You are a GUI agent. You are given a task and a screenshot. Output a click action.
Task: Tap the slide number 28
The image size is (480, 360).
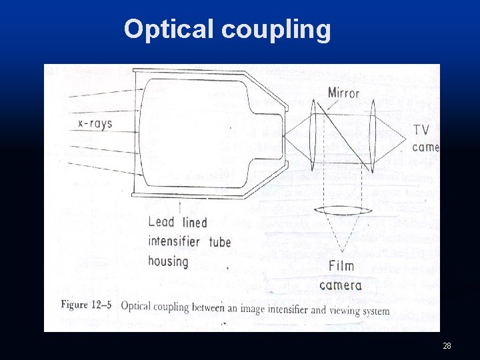447,345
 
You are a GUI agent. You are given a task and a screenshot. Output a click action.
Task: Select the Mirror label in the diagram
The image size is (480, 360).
343,93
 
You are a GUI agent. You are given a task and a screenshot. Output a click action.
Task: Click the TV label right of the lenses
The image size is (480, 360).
421,129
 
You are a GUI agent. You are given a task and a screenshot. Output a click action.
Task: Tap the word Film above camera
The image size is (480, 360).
341,267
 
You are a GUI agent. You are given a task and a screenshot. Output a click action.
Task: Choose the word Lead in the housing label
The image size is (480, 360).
162,222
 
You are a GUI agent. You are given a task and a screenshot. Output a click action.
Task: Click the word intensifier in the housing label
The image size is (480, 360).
174,241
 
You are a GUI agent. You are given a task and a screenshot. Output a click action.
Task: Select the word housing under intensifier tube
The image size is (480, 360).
168,261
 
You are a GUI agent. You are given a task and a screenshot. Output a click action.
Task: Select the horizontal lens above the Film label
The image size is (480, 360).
342,212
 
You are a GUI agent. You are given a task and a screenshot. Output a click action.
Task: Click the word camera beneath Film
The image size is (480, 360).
341,285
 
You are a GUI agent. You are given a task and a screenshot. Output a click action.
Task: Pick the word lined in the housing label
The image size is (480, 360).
195,222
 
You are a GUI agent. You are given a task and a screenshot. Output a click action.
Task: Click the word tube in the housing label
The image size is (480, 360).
220,241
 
